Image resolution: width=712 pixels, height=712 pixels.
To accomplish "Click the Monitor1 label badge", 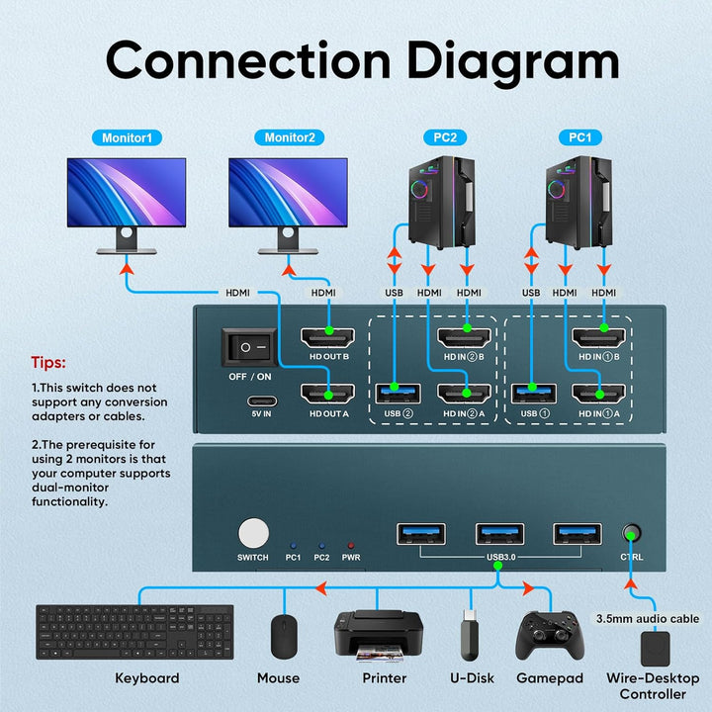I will [126, 137].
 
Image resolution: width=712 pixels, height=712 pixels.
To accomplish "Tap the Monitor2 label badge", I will [288, 137].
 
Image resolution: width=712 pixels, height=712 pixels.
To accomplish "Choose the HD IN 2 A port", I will [464, 393].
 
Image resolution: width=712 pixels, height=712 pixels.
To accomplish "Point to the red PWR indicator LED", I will [350, 545].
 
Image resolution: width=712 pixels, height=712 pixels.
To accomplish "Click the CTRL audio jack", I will [629, 534].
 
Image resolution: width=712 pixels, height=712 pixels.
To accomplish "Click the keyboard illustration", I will [135, 632].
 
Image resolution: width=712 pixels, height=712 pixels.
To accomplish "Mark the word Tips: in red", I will [48, 362].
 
